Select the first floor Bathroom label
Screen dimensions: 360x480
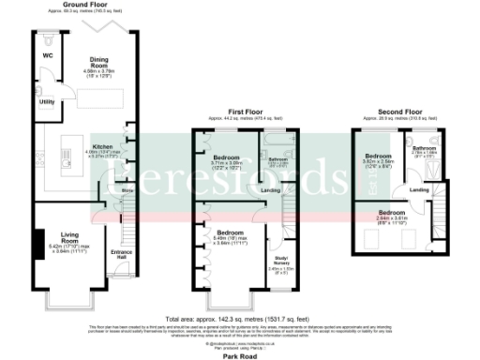[277, 159]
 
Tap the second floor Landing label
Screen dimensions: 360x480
[420, 190]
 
